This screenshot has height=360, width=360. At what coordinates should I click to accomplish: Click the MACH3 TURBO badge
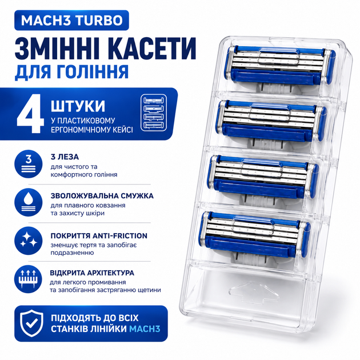coord(71,20)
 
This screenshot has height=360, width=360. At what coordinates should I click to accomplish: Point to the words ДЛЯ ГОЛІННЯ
coord(71,72)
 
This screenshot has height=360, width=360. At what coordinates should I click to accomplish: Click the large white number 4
coord(30,113)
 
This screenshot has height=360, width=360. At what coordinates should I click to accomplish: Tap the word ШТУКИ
coord(78,106)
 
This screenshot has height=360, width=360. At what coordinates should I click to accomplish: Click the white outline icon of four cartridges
coord(154,113)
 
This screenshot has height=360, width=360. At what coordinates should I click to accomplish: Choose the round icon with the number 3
coord(29,164)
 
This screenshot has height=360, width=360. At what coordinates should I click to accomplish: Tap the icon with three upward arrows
coord(28,279)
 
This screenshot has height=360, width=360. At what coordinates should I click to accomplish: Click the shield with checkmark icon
coord(31,323)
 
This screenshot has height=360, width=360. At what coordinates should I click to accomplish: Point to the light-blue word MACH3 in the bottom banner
coord(145,329)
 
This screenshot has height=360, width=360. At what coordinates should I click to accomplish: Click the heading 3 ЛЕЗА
coord(65,157)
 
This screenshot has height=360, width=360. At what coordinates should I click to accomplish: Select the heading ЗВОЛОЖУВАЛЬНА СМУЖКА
coord(102,196)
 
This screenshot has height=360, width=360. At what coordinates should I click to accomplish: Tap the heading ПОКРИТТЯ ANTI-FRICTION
coord(99,236)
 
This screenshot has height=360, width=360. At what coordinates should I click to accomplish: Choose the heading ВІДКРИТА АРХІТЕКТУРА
coord(92,273)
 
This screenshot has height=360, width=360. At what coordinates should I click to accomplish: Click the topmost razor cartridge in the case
coord(280,67)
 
